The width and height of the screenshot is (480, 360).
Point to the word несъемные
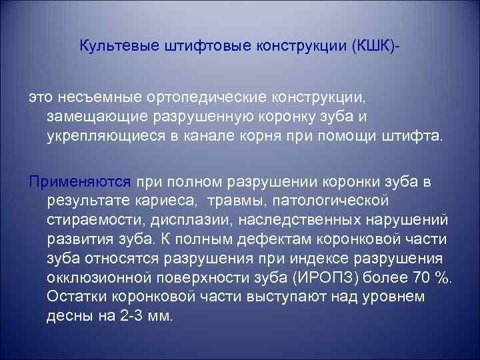96,98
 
